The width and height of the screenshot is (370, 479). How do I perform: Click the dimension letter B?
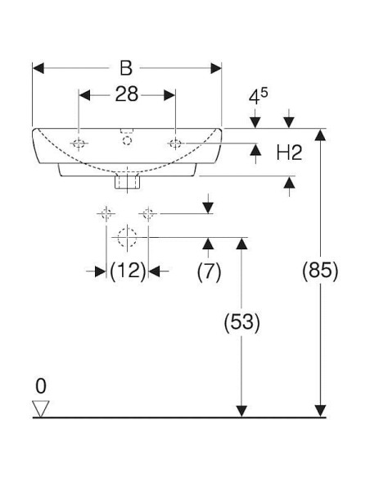pyautogui.click(x=126, y=68)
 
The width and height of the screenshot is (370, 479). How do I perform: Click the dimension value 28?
pyautogui.click(x=127, y=94)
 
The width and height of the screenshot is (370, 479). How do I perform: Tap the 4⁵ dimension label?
pyautogui.click(x=258, y=96)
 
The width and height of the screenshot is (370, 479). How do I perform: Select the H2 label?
pyautogui.click(x=289, y=153)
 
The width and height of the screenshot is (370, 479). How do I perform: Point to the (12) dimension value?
pyautogui.click(x=128, y=271)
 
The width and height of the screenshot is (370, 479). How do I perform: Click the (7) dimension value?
pyautogui.click(x=209, y=271)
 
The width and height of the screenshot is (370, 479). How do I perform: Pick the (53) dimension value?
pyautogui.click(x=242, y=322)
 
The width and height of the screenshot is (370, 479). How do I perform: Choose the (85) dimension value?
pyautogui.click(x=320, y=271)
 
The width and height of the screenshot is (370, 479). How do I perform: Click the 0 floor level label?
pyautogui.click(x=41, y=386)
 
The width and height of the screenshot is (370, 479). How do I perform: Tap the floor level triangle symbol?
pyautogui.click(x=41, y=408)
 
